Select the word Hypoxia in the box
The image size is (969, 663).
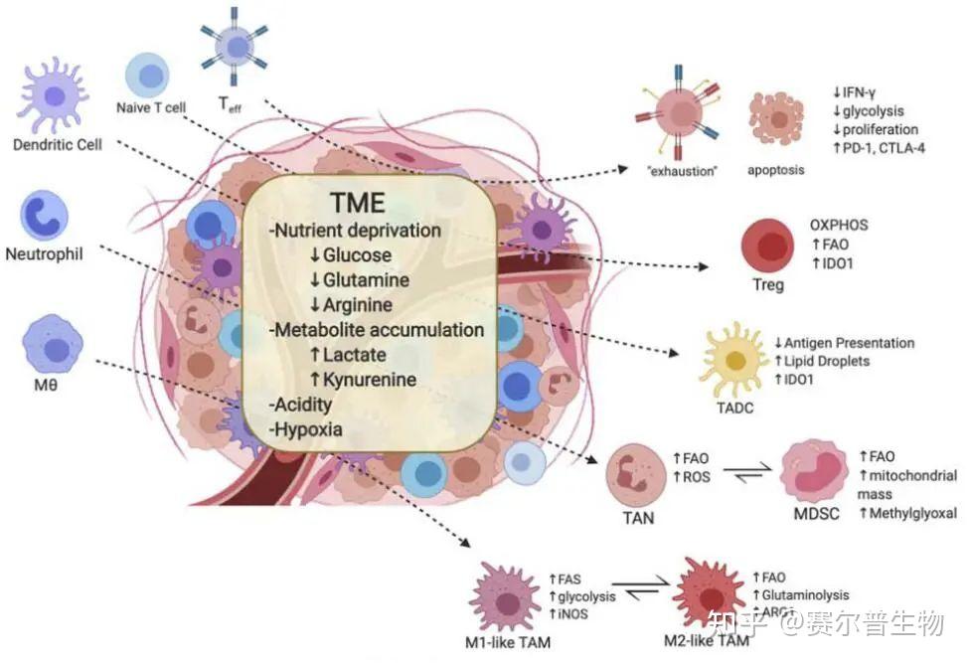(307, 430)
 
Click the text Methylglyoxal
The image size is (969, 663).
(912, 514)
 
